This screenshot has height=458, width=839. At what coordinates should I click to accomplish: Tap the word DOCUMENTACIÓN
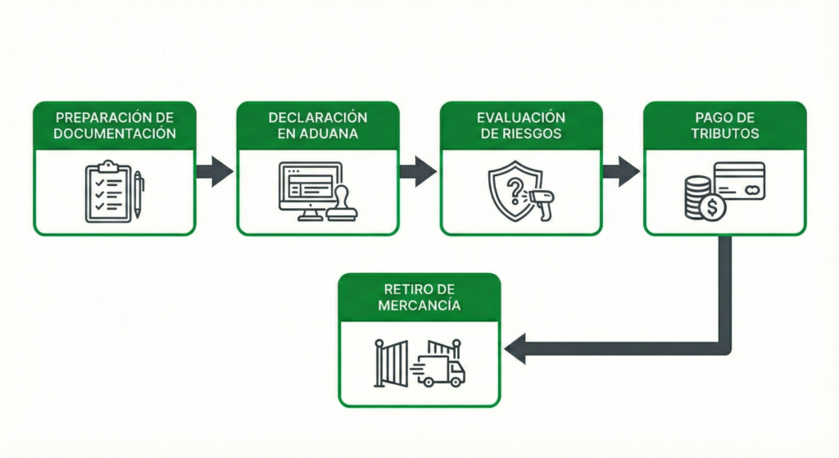click(x=114, y=133)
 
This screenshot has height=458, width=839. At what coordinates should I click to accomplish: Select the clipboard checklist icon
click(x=107, y=193)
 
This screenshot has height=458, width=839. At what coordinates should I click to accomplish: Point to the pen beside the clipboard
click(x=138, y=194)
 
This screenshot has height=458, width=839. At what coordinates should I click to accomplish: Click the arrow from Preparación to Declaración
click(x=215, y=171)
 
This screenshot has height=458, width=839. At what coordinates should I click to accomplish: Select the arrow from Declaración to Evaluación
click(x=419, y=171)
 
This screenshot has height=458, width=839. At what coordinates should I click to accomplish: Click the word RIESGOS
click(x=532, y=133)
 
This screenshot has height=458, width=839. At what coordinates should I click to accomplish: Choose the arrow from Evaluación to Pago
click(x=622, y=171)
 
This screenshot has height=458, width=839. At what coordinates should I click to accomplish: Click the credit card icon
click(x=739, y=181)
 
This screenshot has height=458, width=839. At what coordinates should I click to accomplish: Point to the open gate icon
click(x=392, y=361)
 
